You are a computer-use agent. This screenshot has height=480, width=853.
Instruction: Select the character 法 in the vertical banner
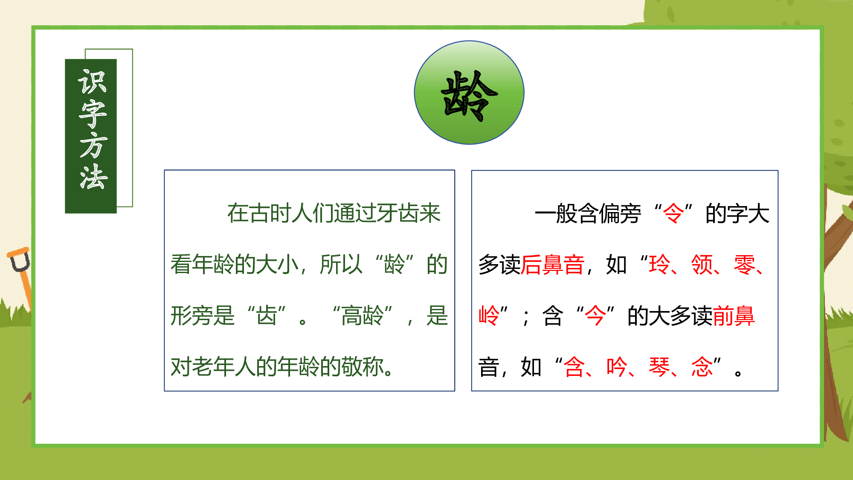click(x=92, y=177)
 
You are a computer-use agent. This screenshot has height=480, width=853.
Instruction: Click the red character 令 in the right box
click(x=673, y=213)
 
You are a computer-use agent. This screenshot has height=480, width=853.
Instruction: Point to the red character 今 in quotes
click(x=595, y=316)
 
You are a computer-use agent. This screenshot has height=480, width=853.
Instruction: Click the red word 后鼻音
click(x=552, y=265)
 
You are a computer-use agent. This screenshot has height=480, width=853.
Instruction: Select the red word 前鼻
click(x=734, y=316)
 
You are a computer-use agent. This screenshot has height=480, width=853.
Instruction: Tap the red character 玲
click(x=659, y=265)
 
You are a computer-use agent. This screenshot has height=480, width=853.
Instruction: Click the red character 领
click(x=702, y=265)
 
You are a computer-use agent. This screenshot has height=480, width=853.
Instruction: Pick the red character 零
click(x=744, y=265)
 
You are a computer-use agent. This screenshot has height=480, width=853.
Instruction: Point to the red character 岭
click(x=489, y=316)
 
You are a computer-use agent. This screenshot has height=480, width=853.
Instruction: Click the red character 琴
click(x=659, y=367)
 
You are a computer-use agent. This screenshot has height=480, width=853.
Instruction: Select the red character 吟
click(x=617, y=367)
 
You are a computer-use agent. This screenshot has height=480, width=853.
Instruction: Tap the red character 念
click(x=702, y=367)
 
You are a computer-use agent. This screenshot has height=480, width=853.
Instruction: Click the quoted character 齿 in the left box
click(x=267, y=316)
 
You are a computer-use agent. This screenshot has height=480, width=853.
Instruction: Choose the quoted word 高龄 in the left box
click(x=363, y=316)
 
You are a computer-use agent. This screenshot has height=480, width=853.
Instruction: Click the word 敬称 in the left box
click(x=363, y=367)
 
